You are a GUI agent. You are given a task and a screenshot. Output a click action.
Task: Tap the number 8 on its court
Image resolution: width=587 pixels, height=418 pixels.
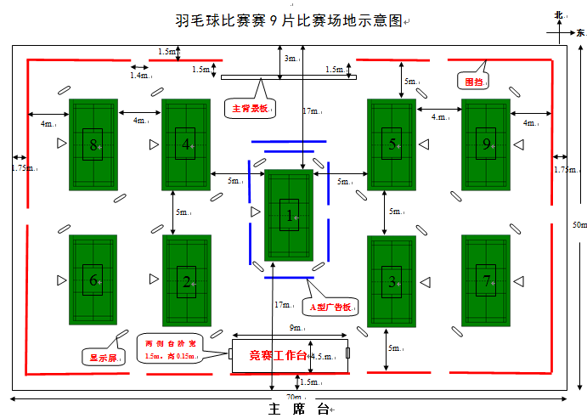(x=93, y=144)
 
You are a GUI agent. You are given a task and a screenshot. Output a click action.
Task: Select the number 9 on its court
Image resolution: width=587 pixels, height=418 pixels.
(x=486, y=144)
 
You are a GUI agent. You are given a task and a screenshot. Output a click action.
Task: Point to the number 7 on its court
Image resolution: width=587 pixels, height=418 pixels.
(x=486, y=280)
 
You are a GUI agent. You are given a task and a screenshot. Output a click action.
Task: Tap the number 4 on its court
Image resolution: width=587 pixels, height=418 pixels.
(x=185, y=144)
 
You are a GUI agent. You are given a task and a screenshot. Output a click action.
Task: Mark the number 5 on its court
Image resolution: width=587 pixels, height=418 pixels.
(x=392, y=144)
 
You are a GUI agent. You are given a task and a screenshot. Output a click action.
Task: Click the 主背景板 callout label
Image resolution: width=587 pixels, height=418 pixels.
(x=250, y=109)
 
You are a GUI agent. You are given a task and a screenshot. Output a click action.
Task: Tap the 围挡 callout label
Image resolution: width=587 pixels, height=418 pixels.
(x=473, y=82)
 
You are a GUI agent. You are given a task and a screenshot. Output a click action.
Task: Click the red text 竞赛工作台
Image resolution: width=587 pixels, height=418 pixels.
(x=277, y=354)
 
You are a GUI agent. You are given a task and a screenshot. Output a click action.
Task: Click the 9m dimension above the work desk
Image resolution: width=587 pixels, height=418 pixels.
(x=295, y=329)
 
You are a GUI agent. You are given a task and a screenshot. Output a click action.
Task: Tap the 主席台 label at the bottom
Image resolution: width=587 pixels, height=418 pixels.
(x=298, y=410)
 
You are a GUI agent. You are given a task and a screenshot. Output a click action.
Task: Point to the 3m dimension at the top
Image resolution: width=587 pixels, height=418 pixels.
(x=291, y=59)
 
